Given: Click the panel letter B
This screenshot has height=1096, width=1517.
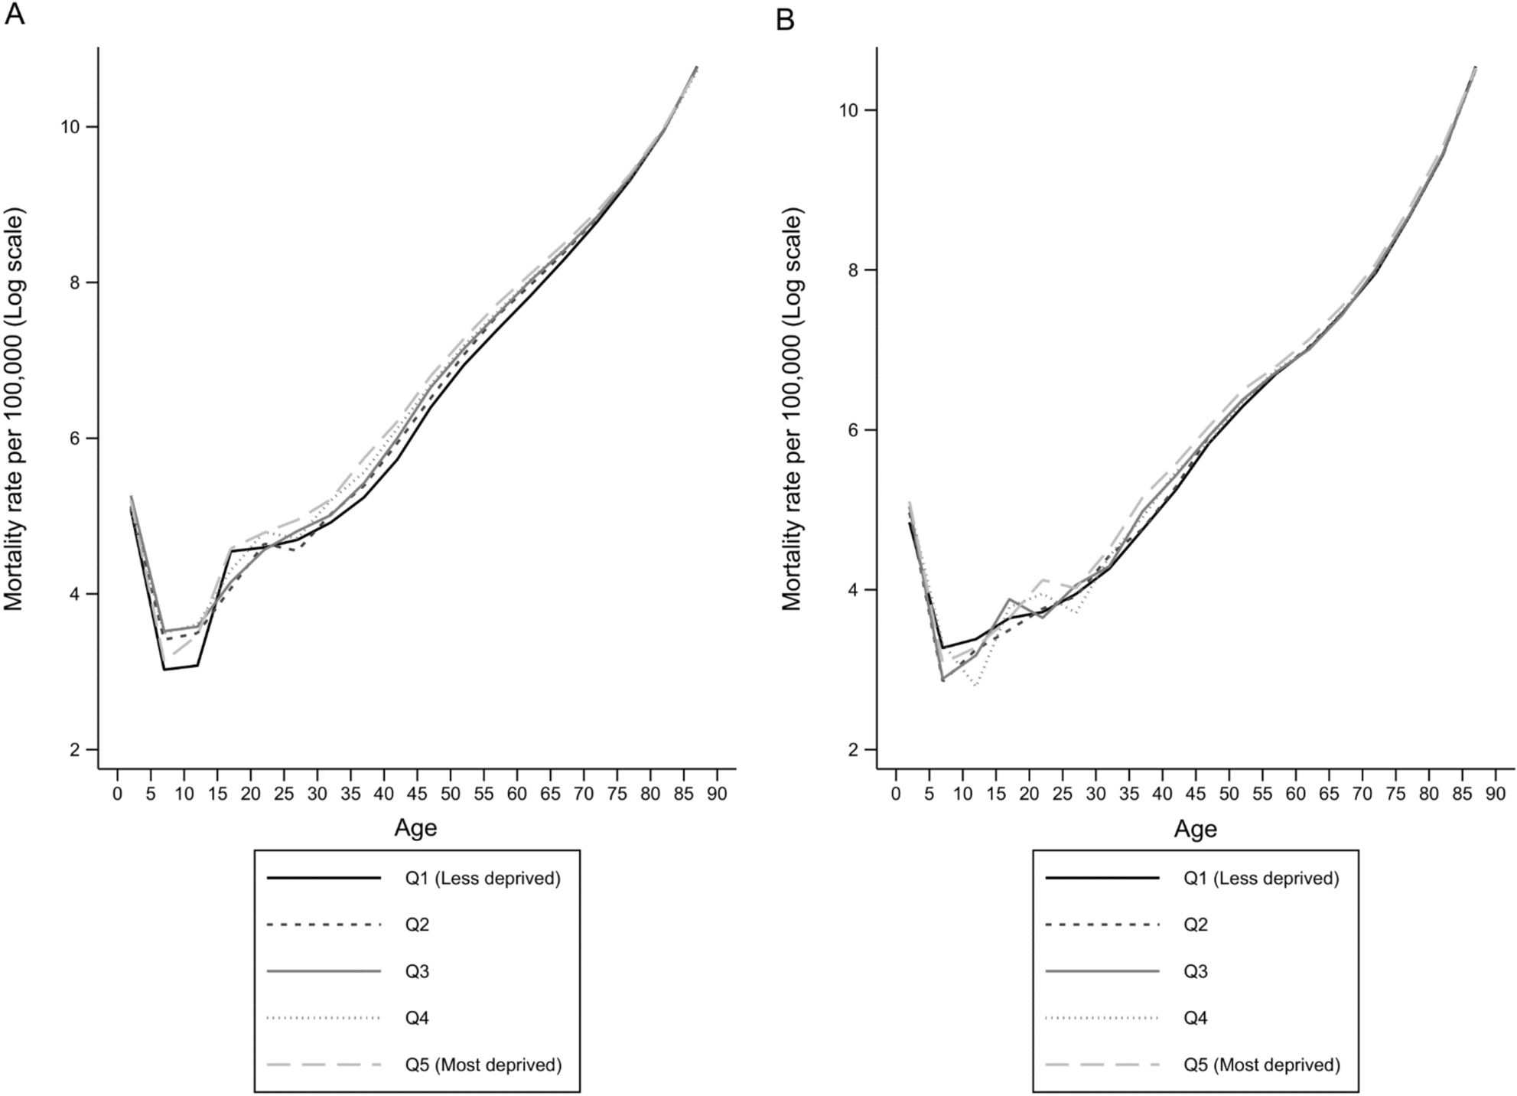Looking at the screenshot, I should tap(785, 19).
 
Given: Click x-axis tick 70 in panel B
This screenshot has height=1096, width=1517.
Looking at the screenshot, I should tap(1362, 794).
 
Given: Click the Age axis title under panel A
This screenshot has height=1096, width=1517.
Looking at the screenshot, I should tap(415, 828).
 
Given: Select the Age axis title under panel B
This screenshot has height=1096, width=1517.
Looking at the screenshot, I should tap(1195, 829).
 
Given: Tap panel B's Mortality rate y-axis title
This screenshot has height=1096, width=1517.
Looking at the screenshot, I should tap(793, 411).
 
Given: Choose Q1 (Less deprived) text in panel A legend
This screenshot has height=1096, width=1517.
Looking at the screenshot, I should tap(483, 879).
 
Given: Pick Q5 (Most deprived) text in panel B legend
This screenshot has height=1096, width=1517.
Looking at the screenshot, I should tap(1261, 1065).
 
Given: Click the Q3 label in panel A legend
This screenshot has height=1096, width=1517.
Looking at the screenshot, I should tap(417, 972).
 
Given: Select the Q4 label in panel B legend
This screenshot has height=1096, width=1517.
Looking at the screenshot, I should tap(1196, 1019).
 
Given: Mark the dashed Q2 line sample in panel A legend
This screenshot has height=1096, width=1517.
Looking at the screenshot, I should tap(324, 925).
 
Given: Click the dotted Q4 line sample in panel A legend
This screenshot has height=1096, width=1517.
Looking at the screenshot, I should tap(324, 1018).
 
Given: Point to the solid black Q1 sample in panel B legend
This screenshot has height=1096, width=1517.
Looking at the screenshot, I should tap(1102, 879).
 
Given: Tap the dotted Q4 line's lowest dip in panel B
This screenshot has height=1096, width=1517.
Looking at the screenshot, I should tap(975, 685).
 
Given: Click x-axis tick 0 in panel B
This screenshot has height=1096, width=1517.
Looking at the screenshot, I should tap(896, 794).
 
